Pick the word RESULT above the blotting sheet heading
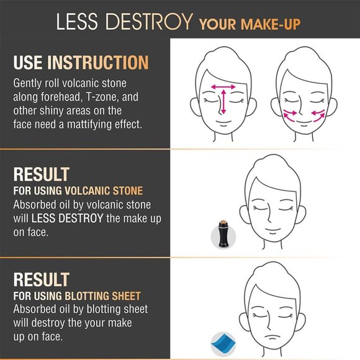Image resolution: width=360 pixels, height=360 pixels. tap(41, 279)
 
